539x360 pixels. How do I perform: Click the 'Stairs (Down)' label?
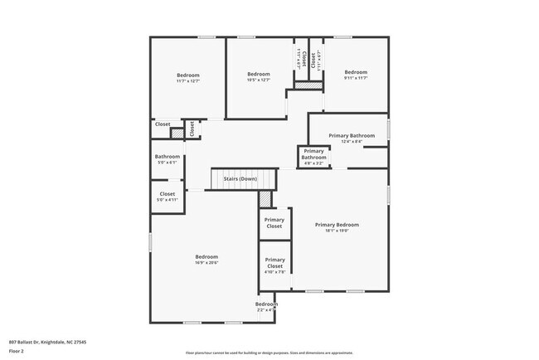click(239, 179)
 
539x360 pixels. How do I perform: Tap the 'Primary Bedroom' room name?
click(337, 225)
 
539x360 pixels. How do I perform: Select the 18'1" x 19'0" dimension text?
click(337, 231)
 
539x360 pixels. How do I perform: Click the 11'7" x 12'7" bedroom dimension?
click(188, 81)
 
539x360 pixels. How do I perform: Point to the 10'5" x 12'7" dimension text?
click(259, 80)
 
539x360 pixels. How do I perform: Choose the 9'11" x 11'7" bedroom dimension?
click(355, 79)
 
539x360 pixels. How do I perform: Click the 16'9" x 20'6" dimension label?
click(206, 263)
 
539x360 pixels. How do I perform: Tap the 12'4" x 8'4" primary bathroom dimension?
click(352, 141)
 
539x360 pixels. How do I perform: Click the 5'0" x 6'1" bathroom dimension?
click(167, 163)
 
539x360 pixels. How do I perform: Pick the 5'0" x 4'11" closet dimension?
click(167, 200)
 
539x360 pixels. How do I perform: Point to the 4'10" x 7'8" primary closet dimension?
click(274, 271)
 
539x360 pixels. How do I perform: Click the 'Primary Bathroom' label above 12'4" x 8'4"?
click(352, 135)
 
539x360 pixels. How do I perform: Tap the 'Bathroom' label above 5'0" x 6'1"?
click(167, 156)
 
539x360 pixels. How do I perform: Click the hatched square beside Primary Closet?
click(265, 199)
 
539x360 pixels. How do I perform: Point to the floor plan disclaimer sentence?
click(269, 352)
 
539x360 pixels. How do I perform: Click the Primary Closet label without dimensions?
click(274, 223)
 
